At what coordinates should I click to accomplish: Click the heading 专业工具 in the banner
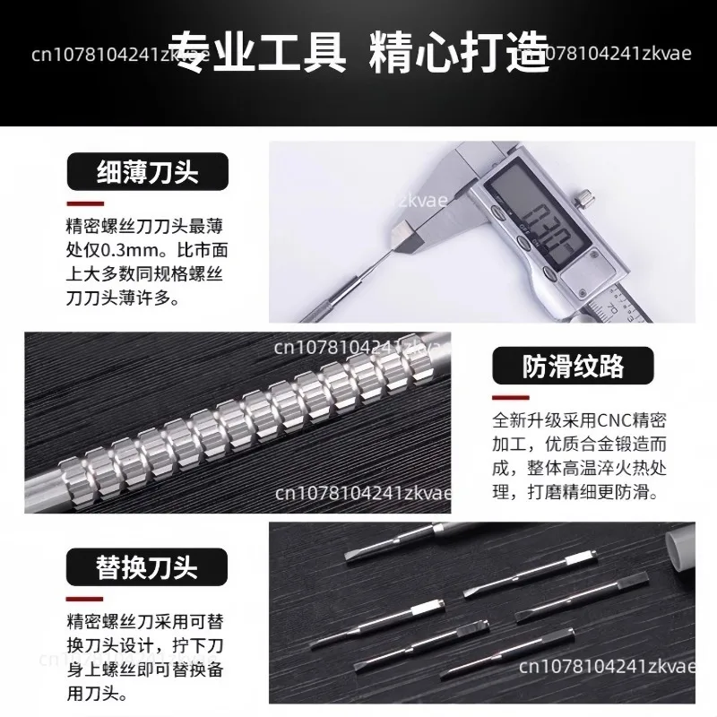click(257, 52)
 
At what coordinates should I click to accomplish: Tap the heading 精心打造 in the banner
click(459, 52)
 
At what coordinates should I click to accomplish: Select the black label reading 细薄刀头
click(147, 171)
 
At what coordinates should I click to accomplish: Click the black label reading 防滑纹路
click(573, 366)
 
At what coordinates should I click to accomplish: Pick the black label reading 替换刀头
click(147, 567)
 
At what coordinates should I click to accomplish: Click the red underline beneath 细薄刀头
click(85, 204)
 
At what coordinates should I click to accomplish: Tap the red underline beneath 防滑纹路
click(511, 398)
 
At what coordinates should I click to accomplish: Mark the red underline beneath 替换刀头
click(84, 599)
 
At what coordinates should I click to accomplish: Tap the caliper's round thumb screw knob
click(585, 199)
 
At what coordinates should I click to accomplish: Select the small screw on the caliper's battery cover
click(583, 293)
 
